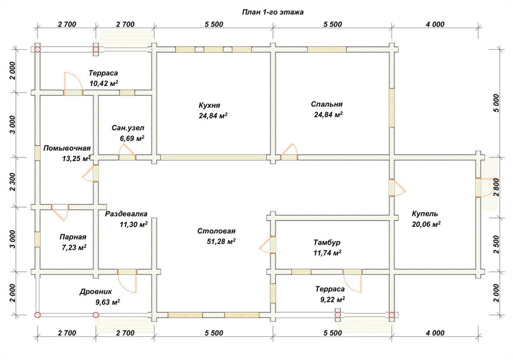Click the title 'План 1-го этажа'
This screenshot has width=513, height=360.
tap(272, 12)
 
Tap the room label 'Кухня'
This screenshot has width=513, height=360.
tap(209, 105)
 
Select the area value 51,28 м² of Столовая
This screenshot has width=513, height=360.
tap(222, 242)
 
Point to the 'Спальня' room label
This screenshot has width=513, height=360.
tap(326, 104)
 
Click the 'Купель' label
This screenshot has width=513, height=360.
tap(425, 214)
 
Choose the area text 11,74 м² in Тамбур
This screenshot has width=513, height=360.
tap(327, 253)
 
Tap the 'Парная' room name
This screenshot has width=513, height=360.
tap(73, 237)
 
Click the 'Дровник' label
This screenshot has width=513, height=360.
tap(95, 292)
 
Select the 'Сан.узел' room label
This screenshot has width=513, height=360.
tap(128, 128)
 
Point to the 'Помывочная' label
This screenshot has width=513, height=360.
tap(67, 148)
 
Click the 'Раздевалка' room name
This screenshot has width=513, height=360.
tap(126, 214)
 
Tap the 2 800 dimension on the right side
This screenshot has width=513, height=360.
tap(496, 187)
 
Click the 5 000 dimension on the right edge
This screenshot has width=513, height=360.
tap(496, 103)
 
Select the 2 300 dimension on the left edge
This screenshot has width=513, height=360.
tap(12, 182)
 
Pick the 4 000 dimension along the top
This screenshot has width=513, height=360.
tap(435, 24)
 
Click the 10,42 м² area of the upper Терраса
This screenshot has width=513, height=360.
tap(104, 84)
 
